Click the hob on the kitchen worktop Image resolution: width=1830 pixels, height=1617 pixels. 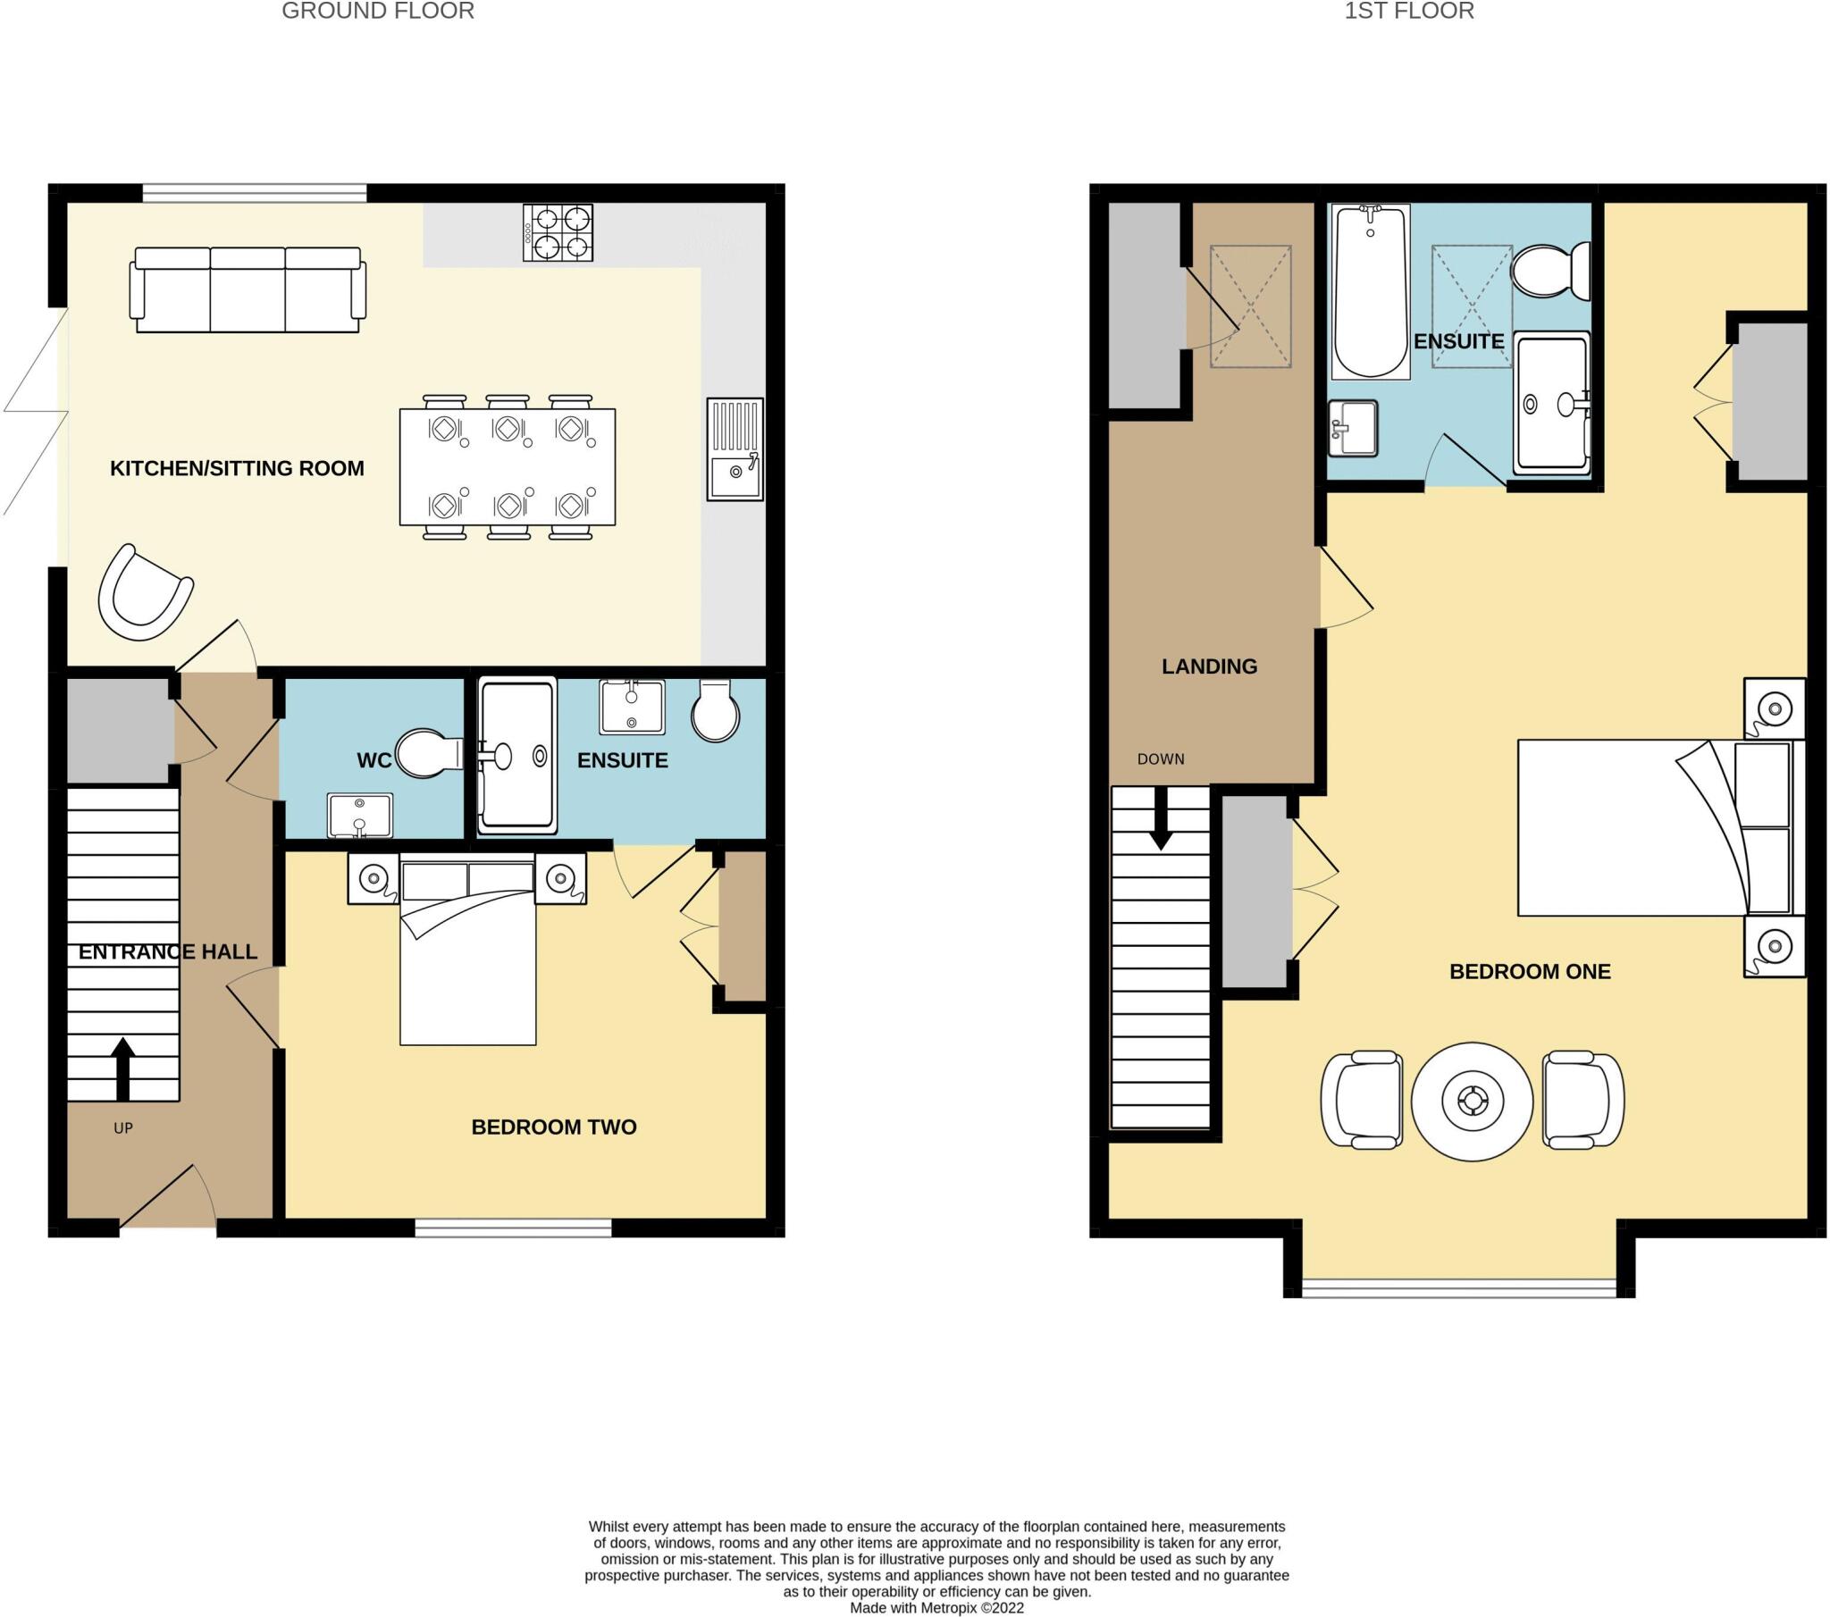tap(558, 233)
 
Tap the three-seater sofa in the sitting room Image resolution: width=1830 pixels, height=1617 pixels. tap(248, 290)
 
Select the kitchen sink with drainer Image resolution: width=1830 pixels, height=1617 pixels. tap(735, 449)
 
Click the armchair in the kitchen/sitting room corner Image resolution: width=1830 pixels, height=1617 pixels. tap(144, 593)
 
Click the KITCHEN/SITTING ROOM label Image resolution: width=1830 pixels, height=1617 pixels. tap(237, 468)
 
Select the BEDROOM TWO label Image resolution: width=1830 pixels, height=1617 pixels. tap(553, 1127)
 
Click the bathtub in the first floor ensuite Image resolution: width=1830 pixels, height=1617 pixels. tap(1370, 291)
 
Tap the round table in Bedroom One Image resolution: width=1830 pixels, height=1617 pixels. tap(1472, 1102)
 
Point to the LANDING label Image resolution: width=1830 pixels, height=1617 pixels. tap(1209, 666)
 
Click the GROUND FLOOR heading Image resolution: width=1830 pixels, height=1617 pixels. tap(378, 12)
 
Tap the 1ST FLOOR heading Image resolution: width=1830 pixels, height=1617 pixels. tap(1408, 12)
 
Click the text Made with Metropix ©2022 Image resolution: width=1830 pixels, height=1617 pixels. tap(936, 1607)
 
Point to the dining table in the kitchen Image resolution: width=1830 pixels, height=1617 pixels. tap(507, 466)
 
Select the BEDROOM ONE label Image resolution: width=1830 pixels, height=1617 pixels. tap(1529, 971)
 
